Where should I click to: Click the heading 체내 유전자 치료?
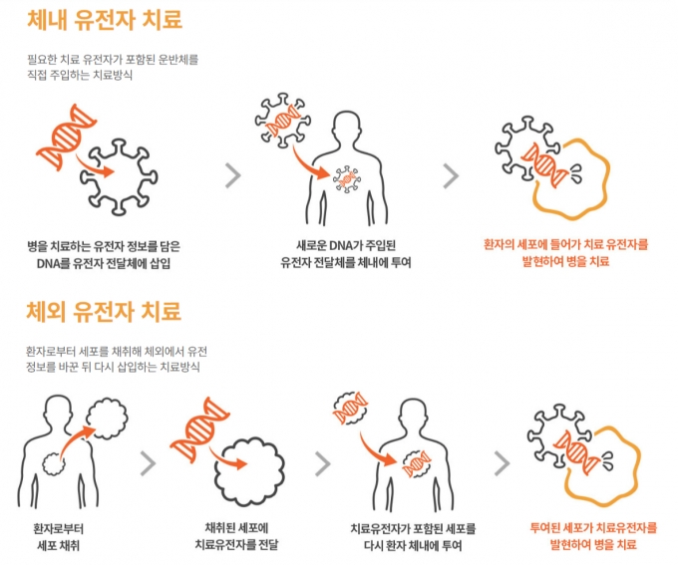coord(105,20)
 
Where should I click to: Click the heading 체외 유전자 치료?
coord(104,311)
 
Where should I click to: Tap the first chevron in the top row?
coord(233,175)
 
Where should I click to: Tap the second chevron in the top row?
coord(451,175)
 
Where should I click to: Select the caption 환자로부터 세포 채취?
coord(59,537)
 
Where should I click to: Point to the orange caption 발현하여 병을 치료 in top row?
coord(566,261)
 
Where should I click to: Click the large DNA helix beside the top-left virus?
coord(66,137)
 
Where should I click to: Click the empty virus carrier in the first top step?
coord(119,176)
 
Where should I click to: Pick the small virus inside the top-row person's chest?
coord(346,178)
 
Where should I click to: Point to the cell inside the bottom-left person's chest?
coord(55,463)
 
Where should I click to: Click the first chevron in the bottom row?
coord(148,463)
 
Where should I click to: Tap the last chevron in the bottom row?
coord(502,463)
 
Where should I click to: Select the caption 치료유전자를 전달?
coord(236,544)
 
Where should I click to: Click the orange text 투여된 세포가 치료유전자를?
coord(593,528)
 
